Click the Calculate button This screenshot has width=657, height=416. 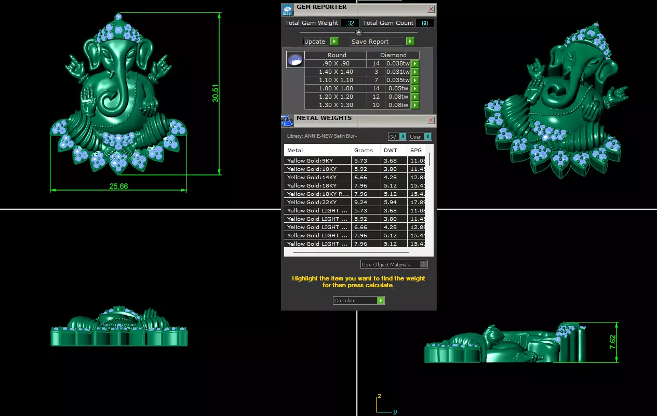coord(358,301)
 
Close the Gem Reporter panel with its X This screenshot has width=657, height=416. coord(431,9)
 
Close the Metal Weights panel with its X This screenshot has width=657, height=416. coord(431,120)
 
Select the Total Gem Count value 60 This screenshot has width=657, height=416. coord(425,23)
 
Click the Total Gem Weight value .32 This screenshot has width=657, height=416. coord(350,23)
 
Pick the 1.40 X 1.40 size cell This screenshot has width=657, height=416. coord(336,72)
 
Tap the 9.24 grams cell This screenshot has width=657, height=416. coord(360,202)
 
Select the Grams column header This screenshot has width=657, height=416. coord(364,151)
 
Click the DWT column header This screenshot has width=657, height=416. coord(391,151)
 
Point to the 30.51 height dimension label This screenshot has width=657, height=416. coord(215,93)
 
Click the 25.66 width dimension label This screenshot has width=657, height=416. coord(118,186)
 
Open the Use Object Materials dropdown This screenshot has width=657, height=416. coord(394,264)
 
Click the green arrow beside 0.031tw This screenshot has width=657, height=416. coord(415,72)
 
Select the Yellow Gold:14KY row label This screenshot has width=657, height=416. coord(312,177)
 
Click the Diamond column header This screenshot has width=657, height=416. coord(393,55)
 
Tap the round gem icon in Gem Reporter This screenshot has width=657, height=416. coord(295,60)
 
